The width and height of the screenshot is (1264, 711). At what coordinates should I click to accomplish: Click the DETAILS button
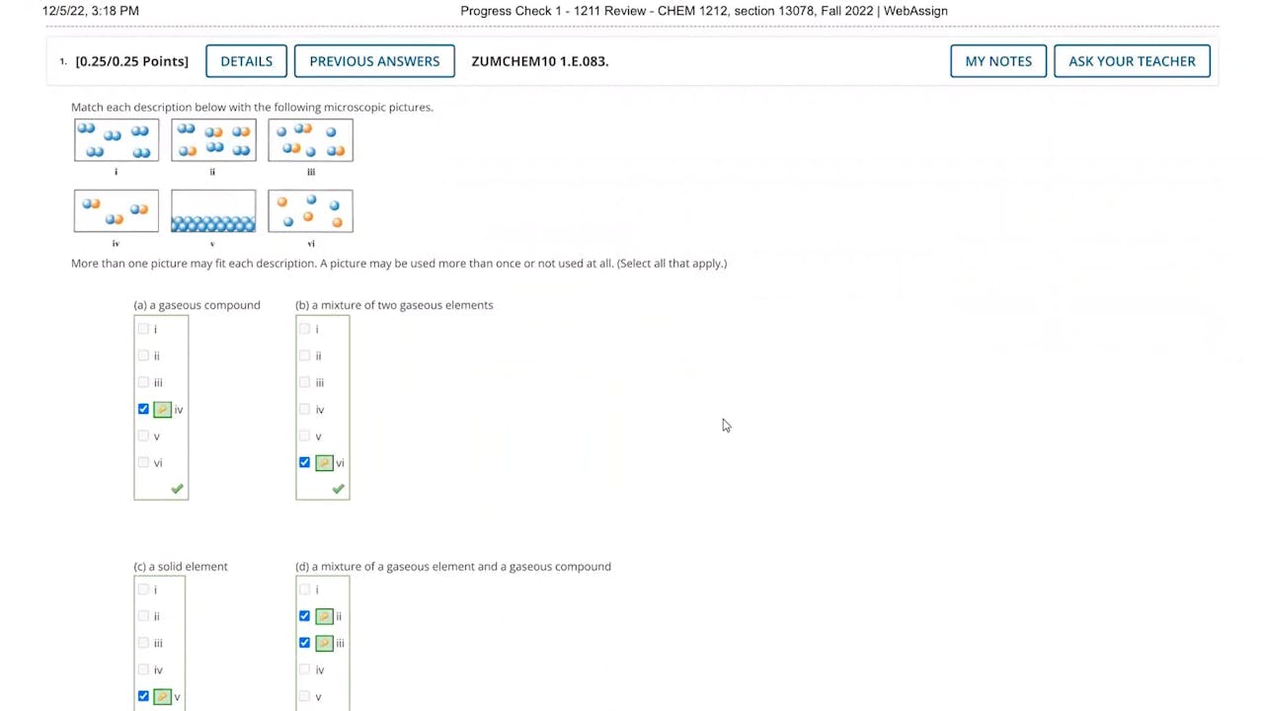[x=246, y=61]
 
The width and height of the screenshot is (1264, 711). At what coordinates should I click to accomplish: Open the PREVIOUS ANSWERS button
[x=374, y=61]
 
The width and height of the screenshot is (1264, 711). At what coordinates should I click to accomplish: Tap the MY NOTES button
[x=998, y=61]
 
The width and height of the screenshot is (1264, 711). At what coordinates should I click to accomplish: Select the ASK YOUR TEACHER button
[x=1132, y=61]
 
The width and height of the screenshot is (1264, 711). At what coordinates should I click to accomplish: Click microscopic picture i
[x=117, y=140]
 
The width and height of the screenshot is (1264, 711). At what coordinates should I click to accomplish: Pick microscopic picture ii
[x=213, y=140]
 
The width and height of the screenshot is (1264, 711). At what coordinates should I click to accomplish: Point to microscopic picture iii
[x=310, y=140]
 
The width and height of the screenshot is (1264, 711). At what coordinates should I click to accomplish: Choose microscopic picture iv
[x=117, y=211]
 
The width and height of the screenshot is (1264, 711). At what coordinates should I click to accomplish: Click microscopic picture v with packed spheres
[x=213, y=211]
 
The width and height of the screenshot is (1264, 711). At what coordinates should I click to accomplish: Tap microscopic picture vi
[x=310, y=211]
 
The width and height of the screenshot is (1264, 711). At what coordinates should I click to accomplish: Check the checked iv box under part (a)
[x=143, y=409]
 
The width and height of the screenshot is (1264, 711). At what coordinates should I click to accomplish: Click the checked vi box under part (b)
[x=304, y=462]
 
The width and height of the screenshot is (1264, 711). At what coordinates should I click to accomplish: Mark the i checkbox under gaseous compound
[x=143, y=329]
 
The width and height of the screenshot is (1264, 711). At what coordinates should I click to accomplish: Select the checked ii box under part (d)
[x=304, y=616]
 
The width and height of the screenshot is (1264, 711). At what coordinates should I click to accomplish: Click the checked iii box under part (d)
[x=304, y=643]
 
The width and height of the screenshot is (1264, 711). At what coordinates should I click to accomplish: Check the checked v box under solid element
[x=143, y=696]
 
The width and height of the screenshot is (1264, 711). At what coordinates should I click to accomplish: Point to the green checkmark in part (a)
[x=177, y=489]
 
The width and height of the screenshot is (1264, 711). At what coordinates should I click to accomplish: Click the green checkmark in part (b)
[x=338, y=489]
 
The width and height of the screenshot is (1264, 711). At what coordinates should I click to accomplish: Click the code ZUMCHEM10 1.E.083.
[x=539, y=61]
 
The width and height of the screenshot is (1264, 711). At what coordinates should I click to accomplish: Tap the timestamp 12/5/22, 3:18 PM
[x=91, y=11]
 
